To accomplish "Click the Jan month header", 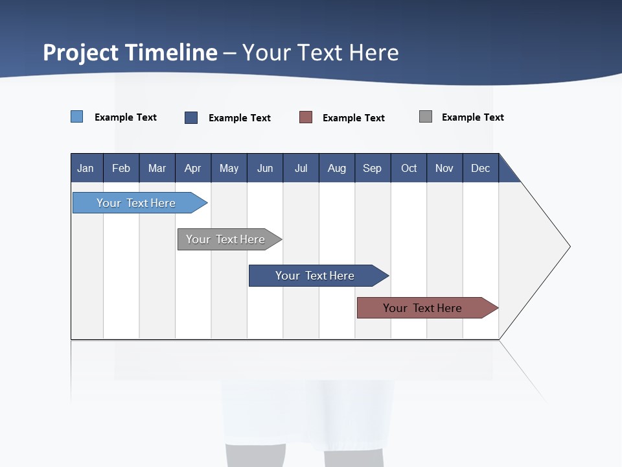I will tap(86, 168).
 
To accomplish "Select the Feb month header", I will tap(121, 168).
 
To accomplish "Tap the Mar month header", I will tap(157, 168).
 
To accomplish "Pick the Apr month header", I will tap(193, 168).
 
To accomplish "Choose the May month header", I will tap(229, 168).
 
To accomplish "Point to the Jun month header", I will tap(265, 168).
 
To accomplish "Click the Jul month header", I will tap(301, 168).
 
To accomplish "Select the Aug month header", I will tap(337, 168).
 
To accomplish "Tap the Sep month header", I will tap(373, 168).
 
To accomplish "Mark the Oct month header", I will tap(409, 168).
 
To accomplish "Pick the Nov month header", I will tap(444, 168).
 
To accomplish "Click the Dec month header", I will tap(481, 168).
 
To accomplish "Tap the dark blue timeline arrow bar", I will tap(316, 276).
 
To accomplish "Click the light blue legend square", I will tap(77, 117).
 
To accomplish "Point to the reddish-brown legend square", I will tap(306, 117).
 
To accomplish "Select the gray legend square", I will tap(426, 117).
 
